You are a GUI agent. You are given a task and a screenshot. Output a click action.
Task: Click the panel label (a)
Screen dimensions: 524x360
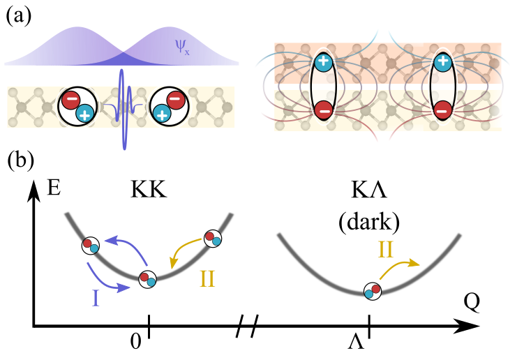[x=19, y=16]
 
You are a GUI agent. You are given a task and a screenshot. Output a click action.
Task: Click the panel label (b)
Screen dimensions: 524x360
[x=20, y=160]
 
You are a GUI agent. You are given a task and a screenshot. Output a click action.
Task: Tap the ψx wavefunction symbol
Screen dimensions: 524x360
[x=182, y=47]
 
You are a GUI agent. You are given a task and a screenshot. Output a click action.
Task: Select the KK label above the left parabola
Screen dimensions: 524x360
[x=149, y=190]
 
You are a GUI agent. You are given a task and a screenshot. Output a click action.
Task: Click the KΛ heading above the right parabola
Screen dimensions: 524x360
[x=369, y=190]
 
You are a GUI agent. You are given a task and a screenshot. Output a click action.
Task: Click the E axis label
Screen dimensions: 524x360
[x=54, y=188]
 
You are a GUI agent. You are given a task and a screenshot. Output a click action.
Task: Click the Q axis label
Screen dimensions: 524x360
[x=472, y=302]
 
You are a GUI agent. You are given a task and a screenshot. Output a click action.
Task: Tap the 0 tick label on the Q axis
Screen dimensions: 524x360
[x=135, y=342]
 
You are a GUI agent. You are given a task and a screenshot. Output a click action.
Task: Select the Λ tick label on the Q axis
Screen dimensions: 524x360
[x=356, y=343]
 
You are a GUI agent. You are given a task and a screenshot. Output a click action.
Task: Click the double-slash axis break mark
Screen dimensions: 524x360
[x=247, y=326]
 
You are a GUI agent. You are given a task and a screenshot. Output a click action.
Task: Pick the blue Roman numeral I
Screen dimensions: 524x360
[x=96, y=298]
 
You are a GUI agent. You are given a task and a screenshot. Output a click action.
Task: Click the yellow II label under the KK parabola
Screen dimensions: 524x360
[x=207, y=279]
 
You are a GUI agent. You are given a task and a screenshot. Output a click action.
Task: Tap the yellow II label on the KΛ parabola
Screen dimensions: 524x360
[x=385, y=249]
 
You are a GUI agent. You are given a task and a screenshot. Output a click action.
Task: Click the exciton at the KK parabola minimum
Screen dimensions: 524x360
[x=148, y=280]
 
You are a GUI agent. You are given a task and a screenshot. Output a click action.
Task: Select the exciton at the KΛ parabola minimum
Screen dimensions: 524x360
[x=373, y=291]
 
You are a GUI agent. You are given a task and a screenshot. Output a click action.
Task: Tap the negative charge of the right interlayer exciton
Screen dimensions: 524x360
[x=443, y=110]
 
